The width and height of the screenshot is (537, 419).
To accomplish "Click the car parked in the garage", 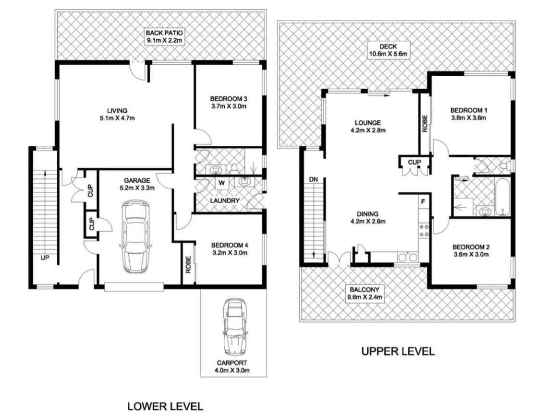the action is pos(135,236).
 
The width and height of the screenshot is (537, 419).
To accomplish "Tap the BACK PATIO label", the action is pos(164,33).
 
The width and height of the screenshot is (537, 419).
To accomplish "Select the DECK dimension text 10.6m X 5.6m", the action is pos(388,54).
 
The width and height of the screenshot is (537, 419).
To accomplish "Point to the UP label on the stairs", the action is pos(45,258).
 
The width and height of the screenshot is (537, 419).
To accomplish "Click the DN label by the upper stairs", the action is pos(313,179).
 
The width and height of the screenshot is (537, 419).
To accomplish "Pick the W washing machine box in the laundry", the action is pos(221,183).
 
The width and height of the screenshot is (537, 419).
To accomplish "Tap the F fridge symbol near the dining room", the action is pos(423,202).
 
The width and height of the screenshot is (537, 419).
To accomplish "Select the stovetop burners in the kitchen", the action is pos(424,230).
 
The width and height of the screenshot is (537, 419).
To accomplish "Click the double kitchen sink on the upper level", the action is pos(407,257).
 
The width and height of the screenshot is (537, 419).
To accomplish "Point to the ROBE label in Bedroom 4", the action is pos(188,265).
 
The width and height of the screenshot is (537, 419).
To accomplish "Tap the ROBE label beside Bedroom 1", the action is pos(425,124).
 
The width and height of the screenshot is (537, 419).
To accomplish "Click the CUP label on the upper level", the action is pos(415,162).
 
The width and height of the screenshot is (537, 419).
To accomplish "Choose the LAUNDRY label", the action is pos(225,200).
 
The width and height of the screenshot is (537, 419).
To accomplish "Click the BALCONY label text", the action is pos(365,290).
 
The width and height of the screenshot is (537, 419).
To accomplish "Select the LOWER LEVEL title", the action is pos(165,407).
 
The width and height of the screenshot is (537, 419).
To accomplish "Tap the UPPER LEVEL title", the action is pos(398,351).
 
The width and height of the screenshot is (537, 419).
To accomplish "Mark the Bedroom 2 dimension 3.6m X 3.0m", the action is pos(471,255).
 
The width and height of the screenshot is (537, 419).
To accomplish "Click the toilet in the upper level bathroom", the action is pos(504,166).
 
